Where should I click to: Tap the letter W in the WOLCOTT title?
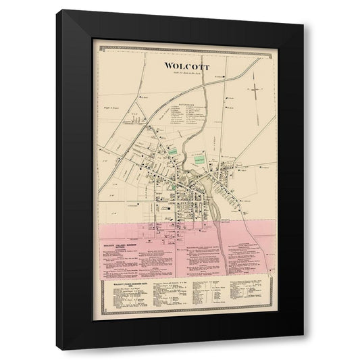coord(167,66)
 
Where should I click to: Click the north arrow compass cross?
coord(255,88)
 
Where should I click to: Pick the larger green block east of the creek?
coord(201,160)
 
